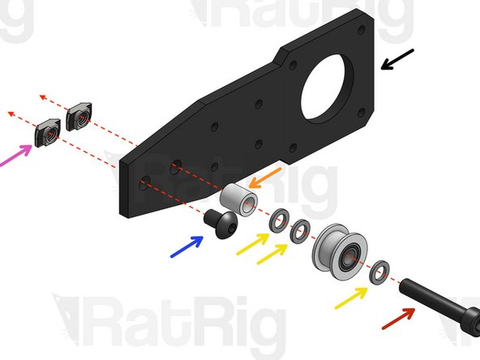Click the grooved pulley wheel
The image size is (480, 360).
tap(337, 252)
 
